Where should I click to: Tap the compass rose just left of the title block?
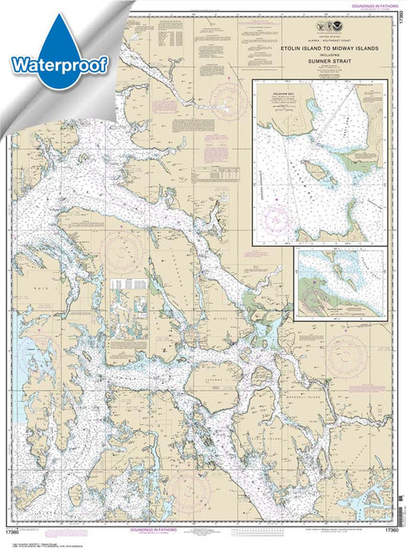pyautogui.click(x=224, y=108)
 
